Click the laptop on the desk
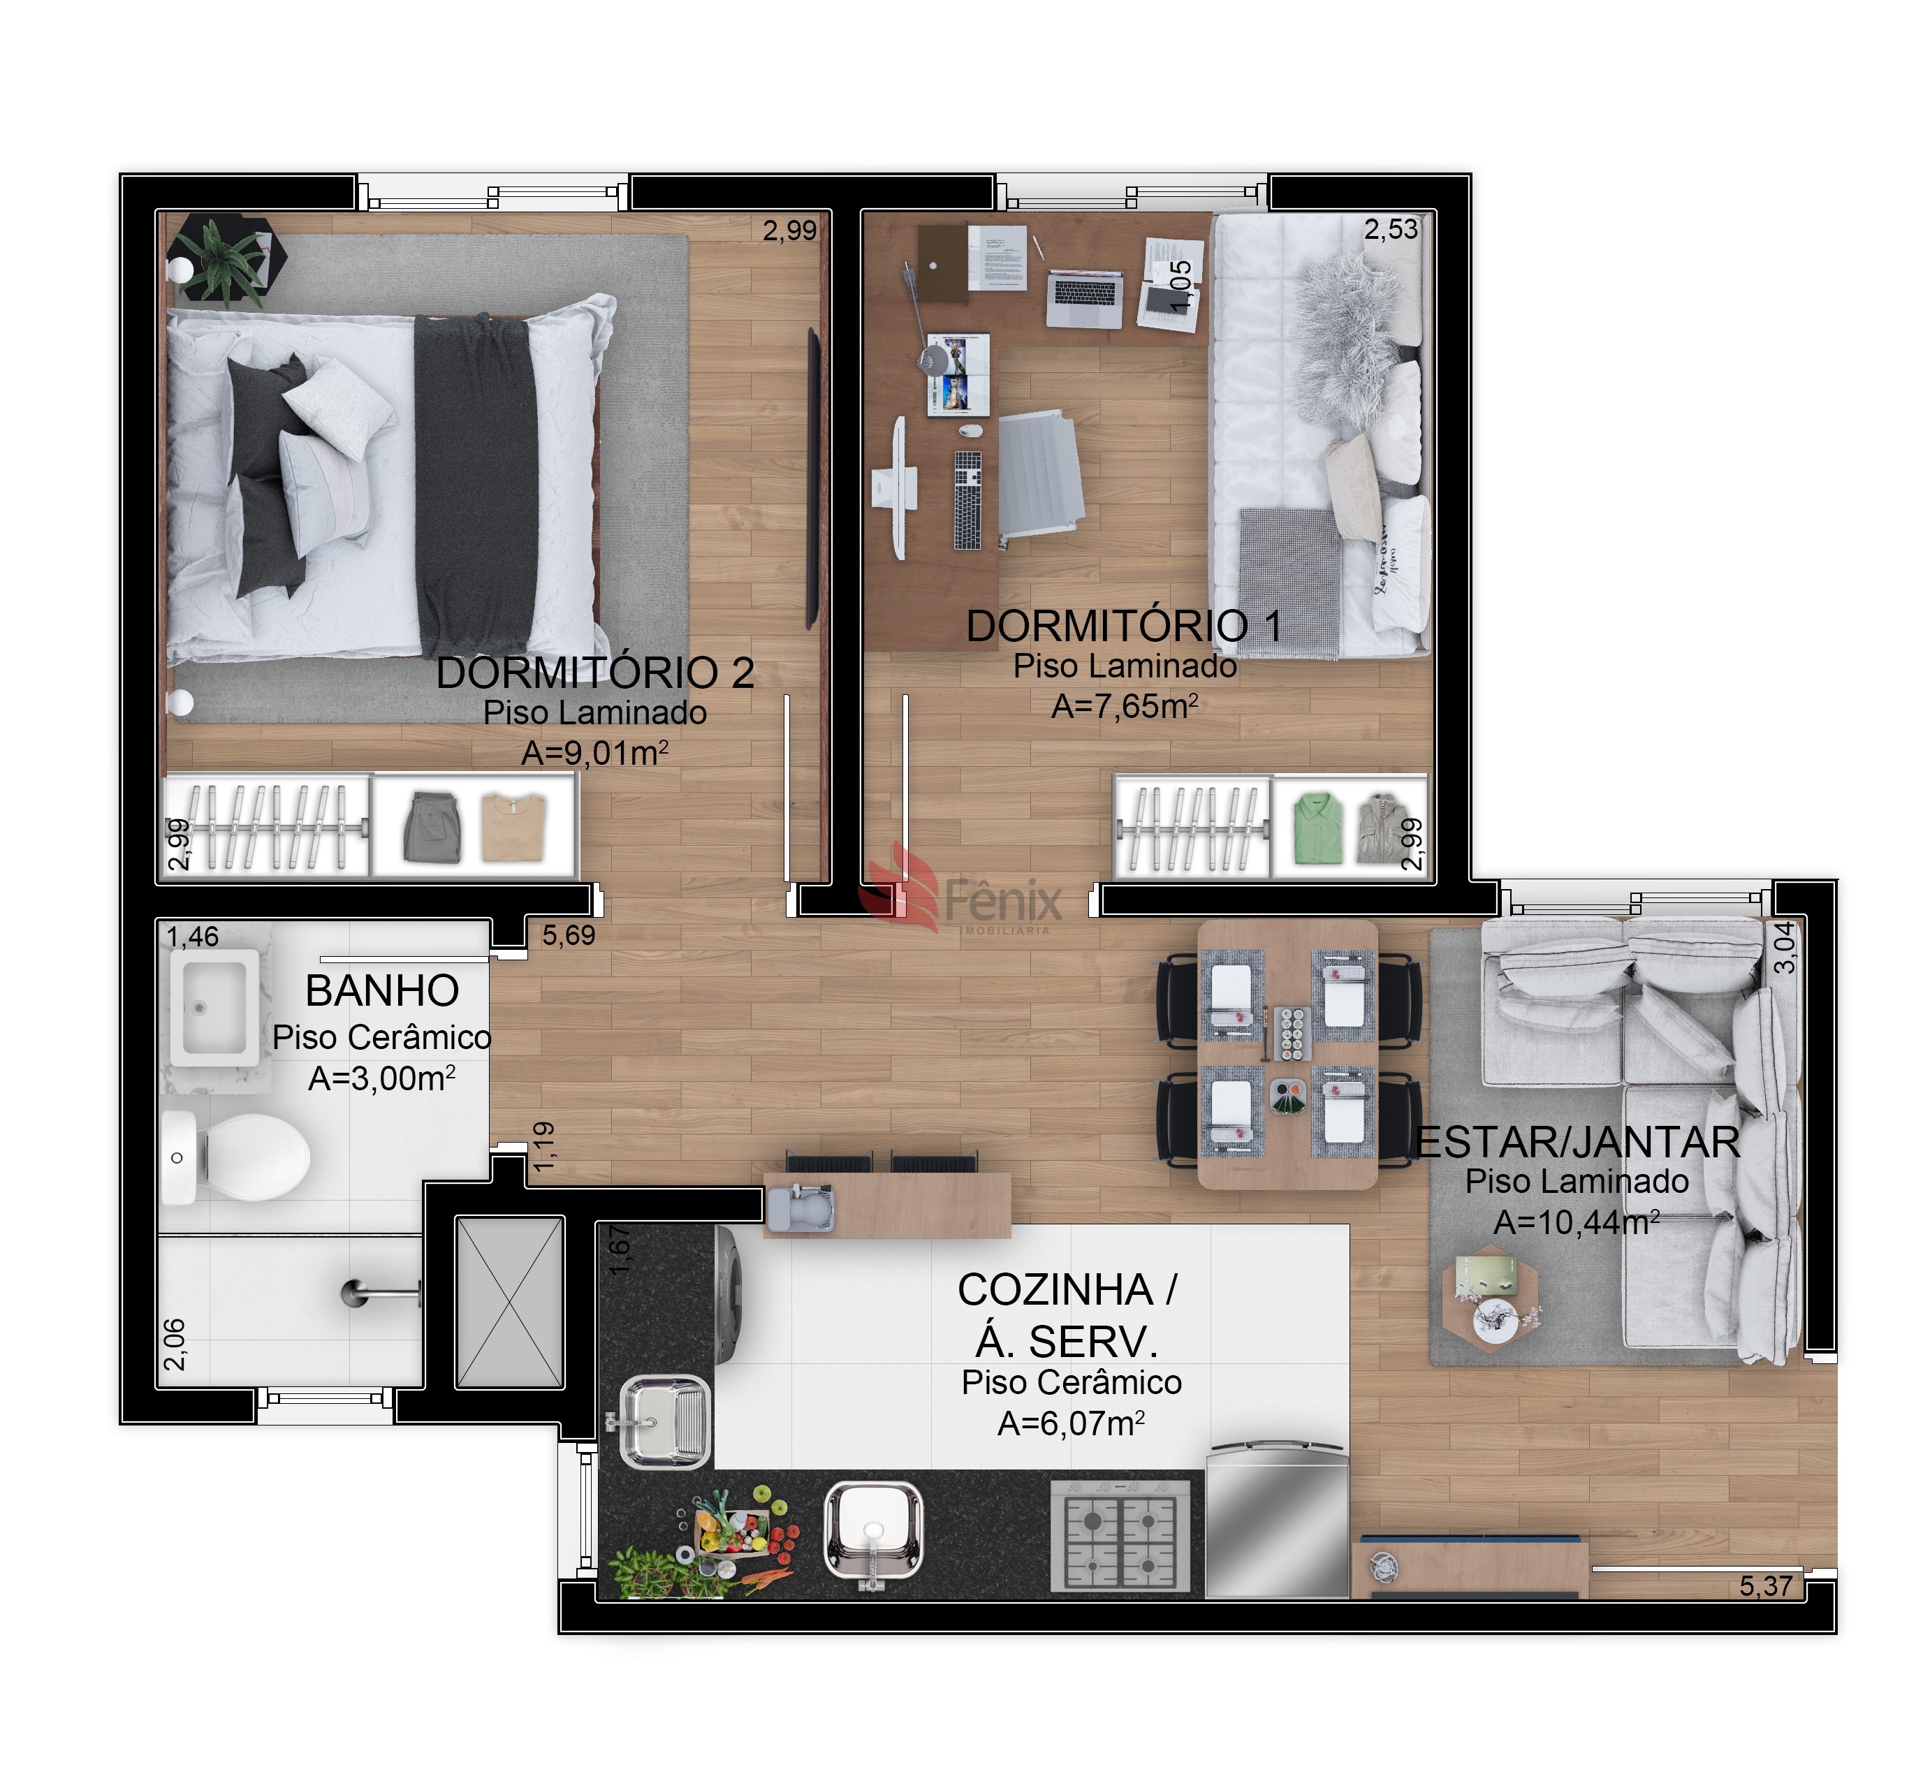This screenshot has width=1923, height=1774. tap(1085, 298)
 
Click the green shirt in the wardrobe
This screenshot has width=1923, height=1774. tap(1317, 828)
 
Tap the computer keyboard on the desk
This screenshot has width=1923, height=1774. tap(967, 500)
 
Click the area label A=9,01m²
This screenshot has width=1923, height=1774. tap(594, 753)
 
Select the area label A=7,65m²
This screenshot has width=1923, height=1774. tap(1124, 705)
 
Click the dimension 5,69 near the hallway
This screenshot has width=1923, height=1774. tap(569, 935)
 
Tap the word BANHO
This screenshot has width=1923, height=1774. tap(382, 990)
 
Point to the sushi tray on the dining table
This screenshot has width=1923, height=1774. tap(1288, 1033)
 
